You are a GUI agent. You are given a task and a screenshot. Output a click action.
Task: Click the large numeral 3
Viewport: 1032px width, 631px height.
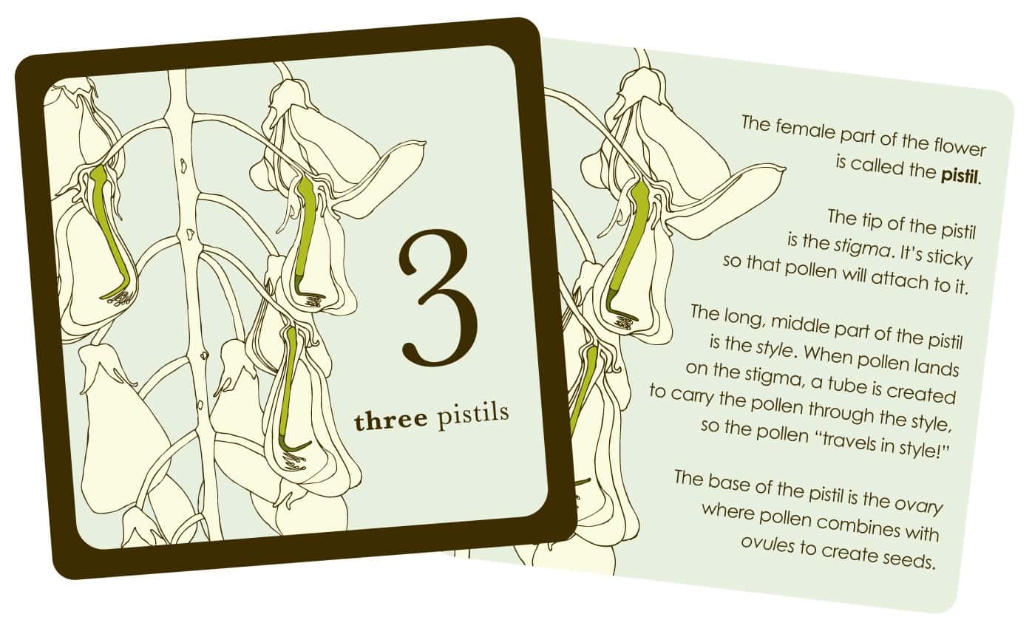(438, 299)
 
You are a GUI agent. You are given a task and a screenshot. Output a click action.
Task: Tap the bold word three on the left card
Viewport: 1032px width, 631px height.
(390, 420)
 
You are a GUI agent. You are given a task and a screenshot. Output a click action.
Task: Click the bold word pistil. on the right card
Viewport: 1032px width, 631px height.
(961, 175)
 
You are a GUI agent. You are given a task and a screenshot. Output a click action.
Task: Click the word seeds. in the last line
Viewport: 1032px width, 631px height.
(909, 559)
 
